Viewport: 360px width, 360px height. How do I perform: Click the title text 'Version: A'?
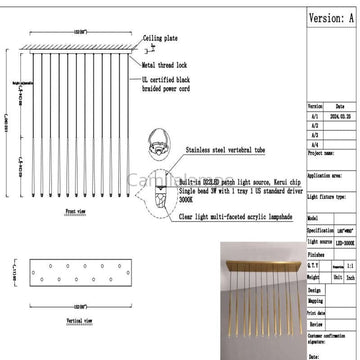[331, 18]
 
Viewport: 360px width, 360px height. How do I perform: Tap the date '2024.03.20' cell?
[340, 115]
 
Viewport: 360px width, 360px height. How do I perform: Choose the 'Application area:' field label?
[326, 174]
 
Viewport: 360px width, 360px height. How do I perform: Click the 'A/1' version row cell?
[316, 115]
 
